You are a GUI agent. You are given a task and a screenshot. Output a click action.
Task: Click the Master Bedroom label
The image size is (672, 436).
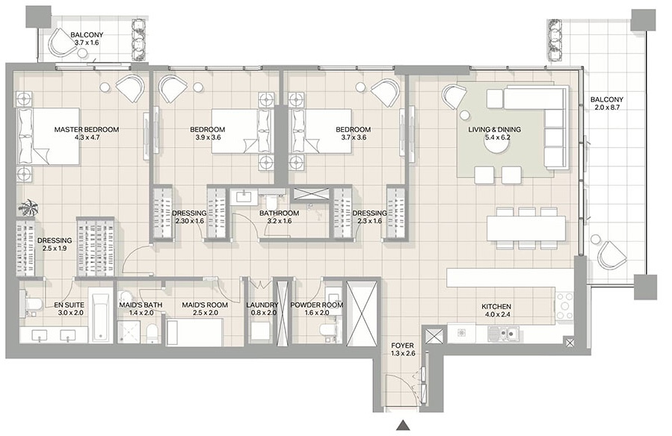pos(87,129)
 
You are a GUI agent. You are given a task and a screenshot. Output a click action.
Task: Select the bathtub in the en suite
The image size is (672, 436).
pos(101,314)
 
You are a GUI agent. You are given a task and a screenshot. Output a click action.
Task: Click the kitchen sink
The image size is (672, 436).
pos(503,333)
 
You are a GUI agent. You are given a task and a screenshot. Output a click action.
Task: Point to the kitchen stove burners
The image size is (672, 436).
pos(564,306)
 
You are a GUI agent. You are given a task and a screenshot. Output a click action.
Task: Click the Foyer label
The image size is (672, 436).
pos(402,346)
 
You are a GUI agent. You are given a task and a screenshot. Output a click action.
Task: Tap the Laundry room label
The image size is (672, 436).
pos(262,305)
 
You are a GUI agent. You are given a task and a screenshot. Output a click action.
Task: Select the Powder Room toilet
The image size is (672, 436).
pos(328,331)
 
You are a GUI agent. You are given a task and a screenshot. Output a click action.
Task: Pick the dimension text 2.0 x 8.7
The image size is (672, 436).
pos(607,108)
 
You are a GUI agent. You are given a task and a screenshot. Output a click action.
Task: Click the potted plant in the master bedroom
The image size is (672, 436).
pos(28,208)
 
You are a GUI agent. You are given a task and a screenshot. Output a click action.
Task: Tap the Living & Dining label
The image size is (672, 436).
pos(494,129)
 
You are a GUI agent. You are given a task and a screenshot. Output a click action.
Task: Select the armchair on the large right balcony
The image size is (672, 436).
pos(612,255)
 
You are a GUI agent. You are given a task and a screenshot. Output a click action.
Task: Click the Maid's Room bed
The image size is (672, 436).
pos(195,331)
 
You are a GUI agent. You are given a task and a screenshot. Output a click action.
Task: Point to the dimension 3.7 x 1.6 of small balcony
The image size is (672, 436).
pos(87,43)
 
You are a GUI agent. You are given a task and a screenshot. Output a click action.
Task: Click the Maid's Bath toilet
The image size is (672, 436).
pos(151,333)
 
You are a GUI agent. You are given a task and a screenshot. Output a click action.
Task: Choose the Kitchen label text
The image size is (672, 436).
pos(496,306)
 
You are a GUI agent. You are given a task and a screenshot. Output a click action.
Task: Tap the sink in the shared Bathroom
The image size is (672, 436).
pos(244,197)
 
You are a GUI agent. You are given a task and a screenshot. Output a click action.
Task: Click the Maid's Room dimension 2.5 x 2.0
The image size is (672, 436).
pos(206,313)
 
